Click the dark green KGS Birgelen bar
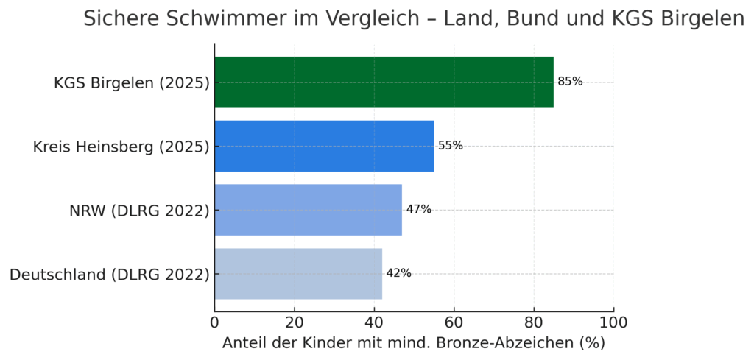(x=383, y=82)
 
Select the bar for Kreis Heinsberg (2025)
(x=324, y=146)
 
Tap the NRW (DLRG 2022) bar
(x=308, y=210)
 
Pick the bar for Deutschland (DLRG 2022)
(x=298, y=273)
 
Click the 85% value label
(x=570, y=82)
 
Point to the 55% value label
(x=451, y=146)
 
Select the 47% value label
(x=418, y=210)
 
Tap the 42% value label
(x=398, y=273)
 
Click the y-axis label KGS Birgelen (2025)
(x=132, y=82)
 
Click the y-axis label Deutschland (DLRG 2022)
(x=110, y=275)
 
